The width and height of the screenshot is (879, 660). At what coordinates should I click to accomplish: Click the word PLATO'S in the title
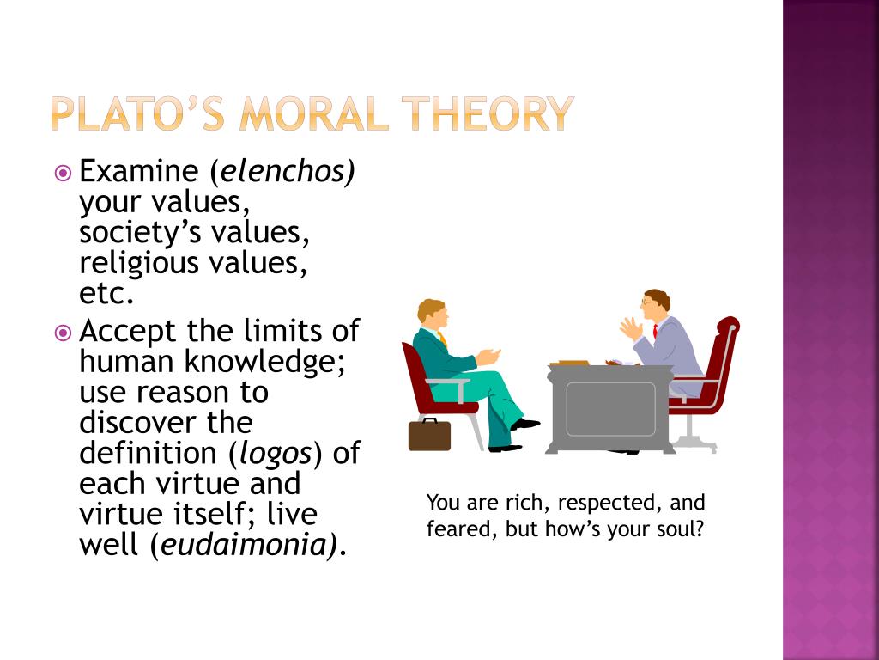coord(138,114)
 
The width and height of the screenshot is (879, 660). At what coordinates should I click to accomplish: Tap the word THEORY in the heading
coord(488,114)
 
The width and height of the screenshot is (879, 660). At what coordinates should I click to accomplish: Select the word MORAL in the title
coord(314,114)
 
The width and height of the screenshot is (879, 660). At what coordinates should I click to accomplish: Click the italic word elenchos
coord(288,171)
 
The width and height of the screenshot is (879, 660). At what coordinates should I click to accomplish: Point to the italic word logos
coord(276,455)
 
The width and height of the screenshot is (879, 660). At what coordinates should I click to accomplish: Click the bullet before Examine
coord(63,173)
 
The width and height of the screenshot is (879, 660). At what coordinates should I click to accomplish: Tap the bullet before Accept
coord(63,333)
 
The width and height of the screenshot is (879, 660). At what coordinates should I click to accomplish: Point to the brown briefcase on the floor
coord(429,434)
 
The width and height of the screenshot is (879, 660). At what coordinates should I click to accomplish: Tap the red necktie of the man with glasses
coord(655,331)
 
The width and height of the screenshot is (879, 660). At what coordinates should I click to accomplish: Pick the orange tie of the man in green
coord(443,339)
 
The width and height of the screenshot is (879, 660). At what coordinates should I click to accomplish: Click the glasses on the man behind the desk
coord(648,302)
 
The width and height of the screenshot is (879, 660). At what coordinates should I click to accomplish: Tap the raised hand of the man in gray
coord(631,328)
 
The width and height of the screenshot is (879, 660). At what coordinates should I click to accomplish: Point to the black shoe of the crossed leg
coord(524,425)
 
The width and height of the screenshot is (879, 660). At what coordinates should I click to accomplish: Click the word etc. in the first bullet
coord(106,294)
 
